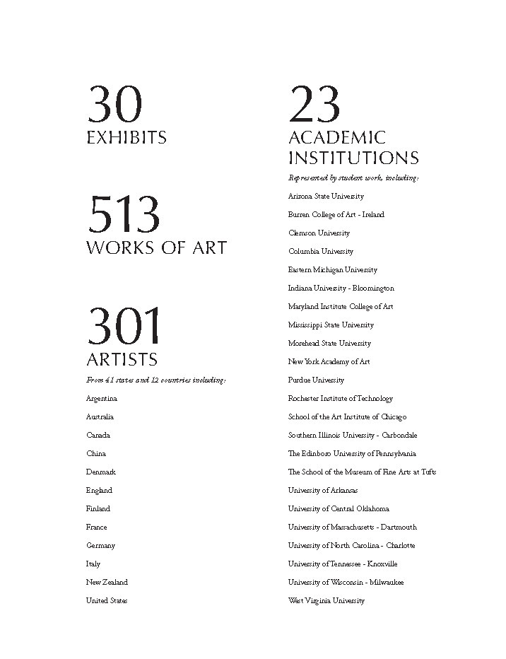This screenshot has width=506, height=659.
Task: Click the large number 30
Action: tap(114, 104)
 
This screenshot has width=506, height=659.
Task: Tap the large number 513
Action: tap(123, 215)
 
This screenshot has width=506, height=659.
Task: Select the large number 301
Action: tap(123, 326)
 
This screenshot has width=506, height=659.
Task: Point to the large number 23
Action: tap(314, 104)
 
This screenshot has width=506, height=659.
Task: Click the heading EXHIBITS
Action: tap(126, 137)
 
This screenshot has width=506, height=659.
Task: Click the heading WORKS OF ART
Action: tap(156, 247)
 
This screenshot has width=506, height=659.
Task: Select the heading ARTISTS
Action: tap(122, 358)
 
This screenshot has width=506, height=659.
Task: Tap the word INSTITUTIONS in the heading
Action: tap(353, 158)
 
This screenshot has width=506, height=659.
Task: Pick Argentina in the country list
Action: tap(102, 399)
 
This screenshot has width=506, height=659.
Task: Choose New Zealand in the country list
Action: tap(107, 583)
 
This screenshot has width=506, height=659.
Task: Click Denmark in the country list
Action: tap(101, 472)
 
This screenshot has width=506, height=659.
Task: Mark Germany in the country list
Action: tap(100, 546)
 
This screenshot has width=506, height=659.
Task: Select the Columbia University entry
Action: tap(321, 252)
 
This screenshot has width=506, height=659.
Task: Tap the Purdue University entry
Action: tap(316, 380)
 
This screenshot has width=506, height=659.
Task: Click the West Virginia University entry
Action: tap(326, 601)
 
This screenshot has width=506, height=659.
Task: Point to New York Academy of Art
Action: tap(329, 362)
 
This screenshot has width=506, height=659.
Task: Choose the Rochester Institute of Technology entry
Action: tap(341, 399)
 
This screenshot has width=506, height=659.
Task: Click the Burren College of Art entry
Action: tap(336, 215)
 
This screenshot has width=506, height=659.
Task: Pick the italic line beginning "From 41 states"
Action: tap(156, 380)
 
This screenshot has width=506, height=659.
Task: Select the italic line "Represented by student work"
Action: tap(353, 178)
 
